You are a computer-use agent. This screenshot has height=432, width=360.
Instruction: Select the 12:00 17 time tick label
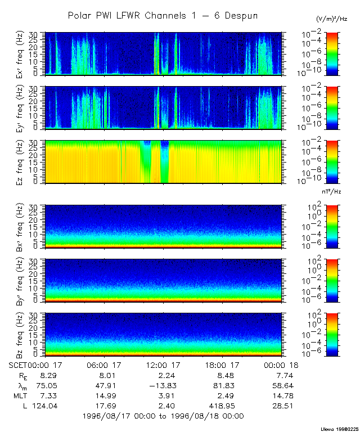163,364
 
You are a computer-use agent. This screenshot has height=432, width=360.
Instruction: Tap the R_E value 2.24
163,375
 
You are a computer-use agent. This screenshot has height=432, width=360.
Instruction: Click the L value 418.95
222,406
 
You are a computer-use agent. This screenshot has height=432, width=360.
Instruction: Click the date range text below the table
163,416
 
